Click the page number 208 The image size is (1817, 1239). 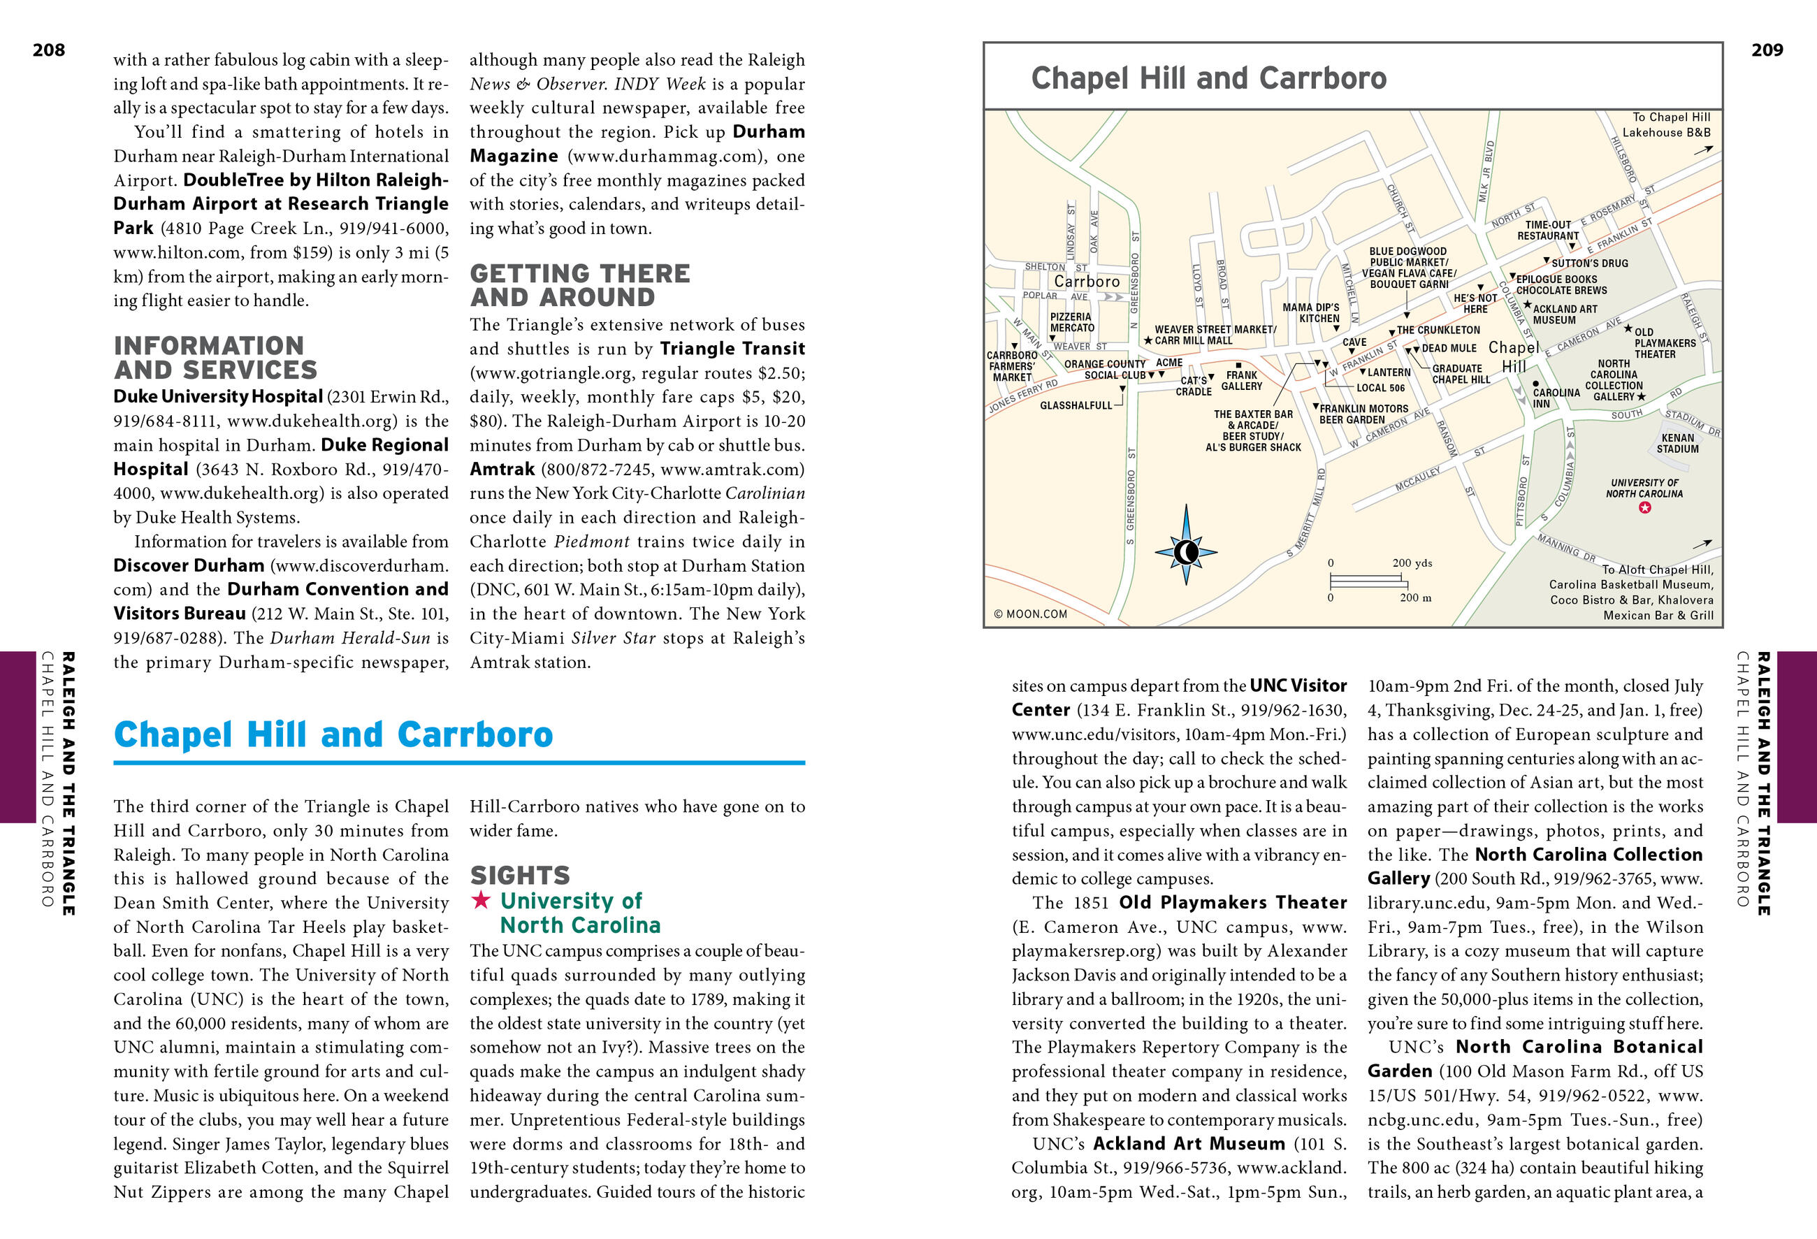pos(48,50)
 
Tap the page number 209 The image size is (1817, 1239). pos(1767,50)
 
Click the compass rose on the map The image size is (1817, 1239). pos(1186,552)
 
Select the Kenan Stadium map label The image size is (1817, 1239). pos(1678,443)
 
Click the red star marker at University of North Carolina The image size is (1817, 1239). pos(1645,507)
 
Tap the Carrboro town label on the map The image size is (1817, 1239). pos(1087,282)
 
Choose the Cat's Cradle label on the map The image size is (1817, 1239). pos(1194,386)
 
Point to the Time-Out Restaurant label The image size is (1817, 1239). pos(1548,230)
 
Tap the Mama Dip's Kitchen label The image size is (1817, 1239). pos(1311,312)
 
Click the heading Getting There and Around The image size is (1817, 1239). pos(579,285)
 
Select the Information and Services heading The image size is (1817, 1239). pos(216,357)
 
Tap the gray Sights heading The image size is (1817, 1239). pos(520,875)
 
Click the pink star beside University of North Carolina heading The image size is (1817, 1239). pos(480,901)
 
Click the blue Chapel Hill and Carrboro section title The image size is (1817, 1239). pos(333,734)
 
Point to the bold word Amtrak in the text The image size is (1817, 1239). pos(502,469)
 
